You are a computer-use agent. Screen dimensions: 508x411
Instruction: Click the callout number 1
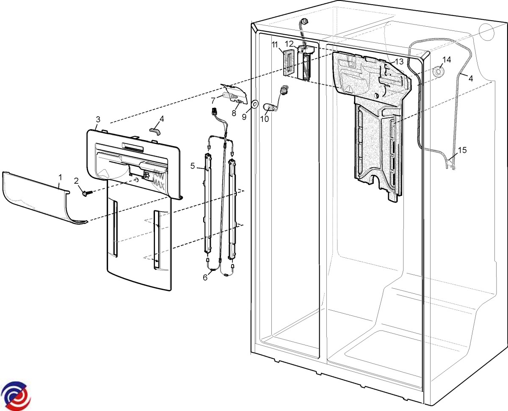[61, 177]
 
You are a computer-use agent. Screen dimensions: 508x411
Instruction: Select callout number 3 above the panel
[98, 119]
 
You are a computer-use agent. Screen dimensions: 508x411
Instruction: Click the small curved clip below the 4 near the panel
[155, 131]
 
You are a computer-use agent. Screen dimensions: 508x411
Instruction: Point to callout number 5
[193, 166]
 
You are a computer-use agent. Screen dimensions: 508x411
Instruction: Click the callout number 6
[205, 278]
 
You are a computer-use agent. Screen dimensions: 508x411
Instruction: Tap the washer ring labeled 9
[255, 104]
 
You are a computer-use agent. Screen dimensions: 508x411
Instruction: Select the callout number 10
[265, 119]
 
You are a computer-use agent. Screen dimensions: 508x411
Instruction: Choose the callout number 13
[399, 61]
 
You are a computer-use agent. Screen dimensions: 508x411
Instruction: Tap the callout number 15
[462, 150]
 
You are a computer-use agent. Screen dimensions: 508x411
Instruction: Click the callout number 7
[213, 101]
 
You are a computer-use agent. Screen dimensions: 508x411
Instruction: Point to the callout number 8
[234, 113]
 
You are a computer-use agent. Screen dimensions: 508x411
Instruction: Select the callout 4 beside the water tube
[471, 78]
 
